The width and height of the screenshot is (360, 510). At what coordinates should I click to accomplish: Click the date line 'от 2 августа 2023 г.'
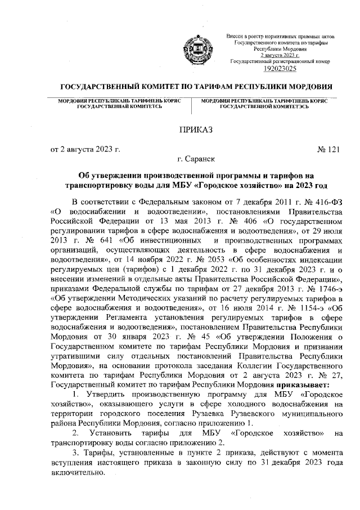click(x=86, y=149)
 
